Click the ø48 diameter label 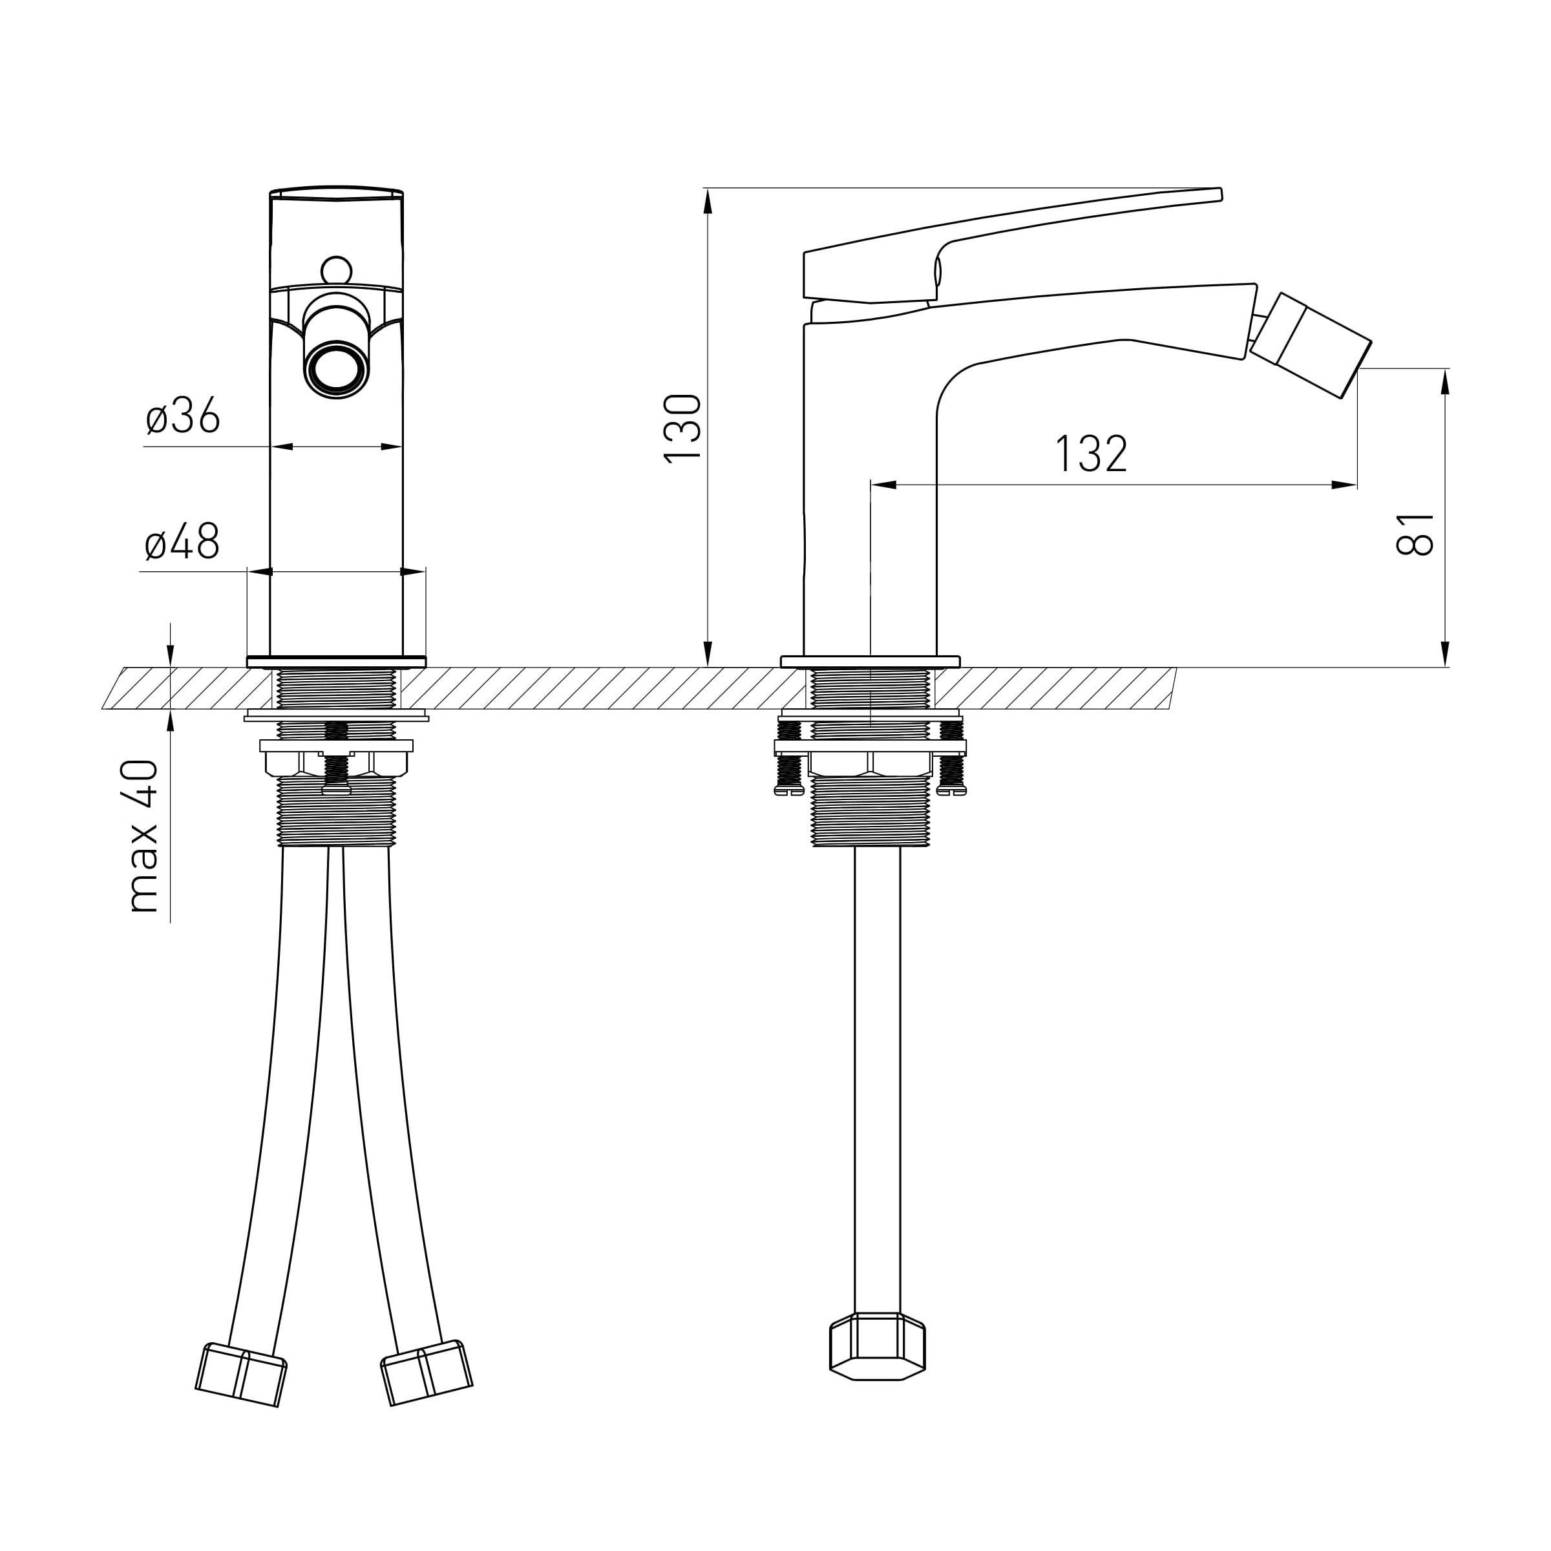coord(182,543)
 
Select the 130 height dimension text coord(683,428)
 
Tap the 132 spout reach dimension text coord(1091,454)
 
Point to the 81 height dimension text coord(1415,534)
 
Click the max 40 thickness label coord(143,836)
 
